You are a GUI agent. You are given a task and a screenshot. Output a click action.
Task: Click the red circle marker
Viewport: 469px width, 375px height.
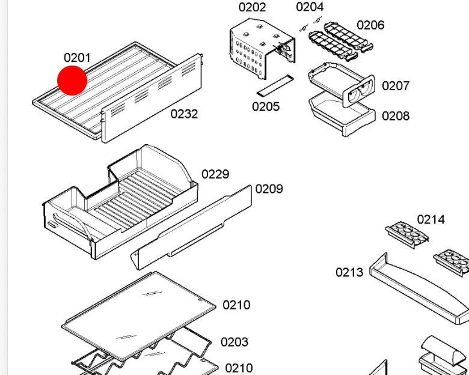72,81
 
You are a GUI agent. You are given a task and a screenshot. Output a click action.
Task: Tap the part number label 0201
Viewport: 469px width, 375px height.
77,58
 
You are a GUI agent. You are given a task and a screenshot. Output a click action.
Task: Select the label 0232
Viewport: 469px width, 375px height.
184,114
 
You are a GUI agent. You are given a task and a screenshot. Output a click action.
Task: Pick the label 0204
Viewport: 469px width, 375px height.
310,7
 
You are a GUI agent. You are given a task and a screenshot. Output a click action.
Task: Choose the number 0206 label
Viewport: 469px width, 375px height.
370,25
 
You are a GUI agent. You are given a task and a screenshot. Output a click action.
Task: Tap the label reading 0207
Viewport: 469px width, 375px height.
396,86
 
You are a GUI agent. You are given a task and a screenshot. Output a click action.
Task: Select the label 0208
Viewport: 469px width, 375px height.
396,116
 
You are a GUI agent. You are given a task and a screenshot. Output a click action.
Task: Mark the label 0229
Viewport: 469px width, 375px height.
215,174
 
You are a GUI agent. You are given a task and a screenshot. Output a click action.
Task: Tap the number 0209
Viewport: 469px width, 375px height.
269,189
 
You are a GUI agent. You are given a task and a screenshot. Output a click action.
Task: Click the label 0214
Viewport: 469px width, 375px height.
431,219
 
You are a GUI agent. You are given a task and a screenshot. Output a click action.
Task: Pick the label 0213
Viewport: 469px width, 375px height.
349,272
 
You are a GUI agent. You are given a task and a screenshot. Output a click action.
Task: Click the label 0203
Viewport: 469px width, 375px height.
234,342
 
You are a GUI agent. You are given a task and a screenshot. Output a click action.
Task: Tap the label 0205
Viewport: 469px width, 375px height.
266,106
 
